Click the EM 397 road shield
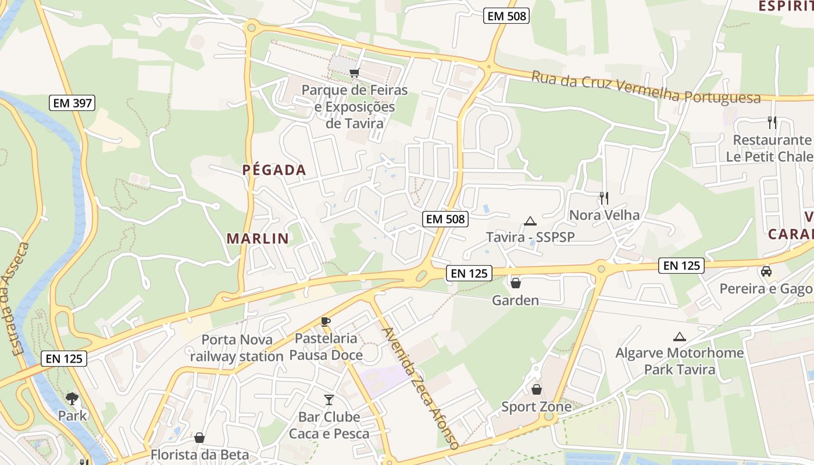(72, 103)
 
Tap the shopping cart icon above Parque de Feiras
(354, 73)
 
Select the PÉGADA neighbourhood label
(274, 170)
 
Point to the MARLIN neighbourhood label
(258, 238)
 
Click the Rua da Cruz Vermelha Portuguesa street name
(646, 87)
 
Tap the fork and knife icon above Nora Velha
(604, 198)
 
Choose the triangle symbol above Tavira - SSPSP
(530, 221)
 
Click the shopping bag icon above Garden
(515, 283)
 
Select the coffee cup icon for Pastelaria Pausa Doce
(326, 321)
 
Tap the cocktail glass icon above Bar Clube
(329, 399)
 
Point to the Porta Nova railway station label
(236, 348)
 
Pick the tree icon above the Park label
(72, 399)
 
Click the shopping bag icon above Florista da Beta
(199, 438)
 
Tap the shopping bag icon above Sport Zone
(536, 389)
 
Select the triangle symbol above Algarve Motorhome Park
(679, 337)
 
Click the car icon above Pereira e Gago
(766, 271)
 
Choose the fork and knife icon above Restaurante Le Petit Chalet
(772, 123)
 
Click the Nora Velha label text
(604, 215)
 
